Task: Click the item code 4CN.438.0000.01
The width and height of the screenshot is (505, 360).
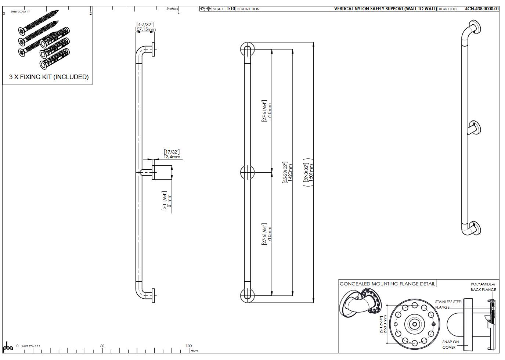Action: tap(481, 9)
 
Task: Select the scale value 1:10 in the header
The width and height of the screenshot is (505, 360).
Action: tap(231, 9)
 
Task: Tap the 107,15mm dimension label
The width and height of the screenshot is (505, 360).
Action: tap(145, 29)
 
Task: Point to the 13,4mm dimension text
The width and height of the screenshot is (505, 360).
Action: tap(172, 156)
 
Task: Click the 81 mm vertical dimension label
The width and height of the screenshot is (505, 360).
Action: tap(170, 201)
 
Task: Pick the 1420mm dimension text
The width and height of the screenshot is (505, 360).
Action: tap(290, 172)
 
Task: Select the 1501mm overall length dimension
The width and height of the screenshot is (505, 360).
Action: tap(311, 172)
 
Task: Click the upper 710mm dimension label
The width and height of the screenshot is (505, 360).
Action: tap(270, 111)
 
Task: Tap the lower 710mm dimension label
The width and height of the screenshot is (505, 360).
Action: tap(270, 234)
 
